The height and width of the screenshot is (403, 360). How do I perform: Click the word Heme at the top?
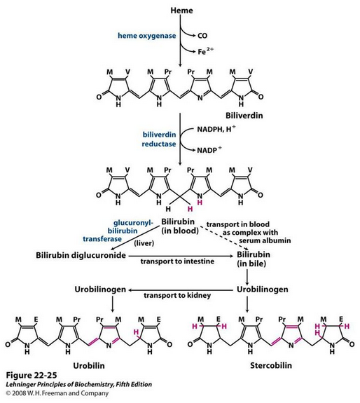(181, 11)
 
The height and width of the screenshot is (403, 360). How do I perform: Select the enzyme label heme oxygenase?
(147, 36)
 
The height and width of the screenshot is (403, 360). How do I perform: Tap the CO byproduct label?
(202, 36)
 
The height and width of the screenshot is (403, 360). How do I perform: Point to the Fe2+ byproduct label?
(205, 51)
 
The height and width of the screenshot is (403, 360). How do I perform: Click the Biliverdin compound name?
(244, 116)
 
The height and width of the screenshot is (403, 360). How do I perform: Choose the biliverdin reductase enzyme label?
(159, 139)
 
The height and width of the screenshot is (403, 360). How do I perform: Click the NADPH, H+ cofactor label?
(216, 128)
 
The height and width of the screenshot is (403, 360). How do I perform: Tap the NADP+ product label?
(209, 149)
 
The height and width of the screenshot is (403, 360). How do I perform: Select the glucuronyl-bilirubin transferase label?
(118, 231)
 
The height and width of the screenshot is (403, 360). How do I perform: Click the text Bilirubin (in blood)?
(180, 226)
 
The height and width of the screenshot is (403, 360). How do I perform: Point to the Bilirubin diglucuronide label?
(81, 255)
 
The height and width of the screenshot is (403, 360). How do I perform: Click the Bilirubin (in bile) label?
(253, 259)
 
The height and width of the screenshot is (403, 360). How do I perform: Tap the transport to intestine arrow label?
(177, 261)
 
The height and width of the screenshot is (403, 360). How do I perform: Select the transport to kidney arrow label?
(177, 295)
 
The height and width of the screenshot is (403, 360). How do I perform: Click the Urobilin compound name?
(89, 365)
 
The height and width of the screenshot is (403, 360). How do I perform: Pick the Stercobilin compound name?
(271, 365)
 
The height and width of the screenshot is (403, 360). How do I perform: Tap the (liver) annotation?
(144, 243)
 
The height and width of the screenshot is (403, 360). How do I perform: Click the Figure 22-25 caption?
(32, 375)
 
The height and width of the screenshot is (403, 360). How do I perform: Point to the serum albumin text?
(265, 240)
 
